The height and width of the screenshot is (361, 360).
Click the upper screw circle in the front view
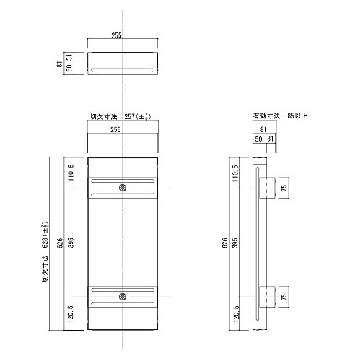123,188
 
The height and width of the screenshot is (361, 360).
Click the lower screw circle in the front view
123,296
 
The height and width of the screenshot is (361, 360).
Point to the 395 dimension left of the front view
71,243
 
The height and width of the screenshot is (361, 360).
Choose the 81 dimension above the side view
263,129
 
